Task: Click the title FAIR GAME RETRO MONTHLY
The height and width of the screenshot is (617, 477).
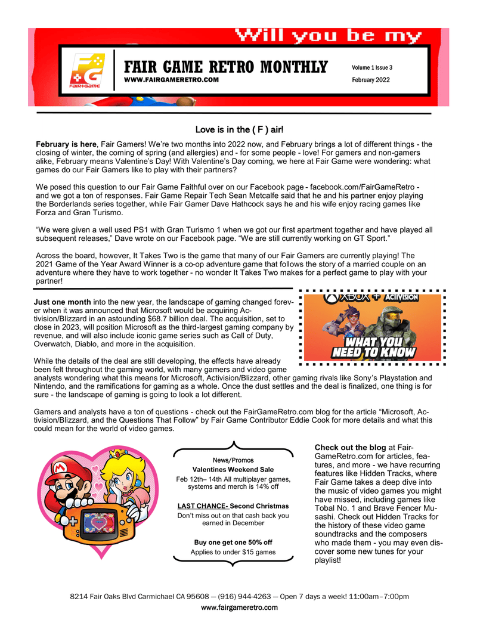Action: pyautogui.click(x=225, y=67)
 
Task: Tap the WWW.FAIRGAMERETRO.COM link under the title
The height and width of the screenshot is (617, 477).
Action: pyautogui.click(x=171, y=79)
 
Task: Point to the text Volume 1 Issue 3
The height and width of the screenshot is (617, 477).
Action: pyautogui.click(x=372, y=67)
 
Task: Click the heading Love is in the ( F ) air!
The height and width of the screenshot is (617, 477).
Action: pyautogui.click(x=243, y=129)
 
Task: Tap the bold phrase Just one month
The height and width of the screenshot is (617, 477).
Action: pyautogui.click(x=62, y=302)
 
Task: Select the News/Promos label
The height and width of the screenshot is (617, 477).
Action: pyautogui.click(x=233, y=460)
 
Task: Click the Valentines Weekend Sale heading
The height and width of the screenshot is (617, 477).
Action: pyautogui.click(x=233, y=470)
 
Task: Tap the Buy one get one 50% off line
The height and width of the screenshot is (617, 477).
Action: pyautogui.click(x=233, y=542)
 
